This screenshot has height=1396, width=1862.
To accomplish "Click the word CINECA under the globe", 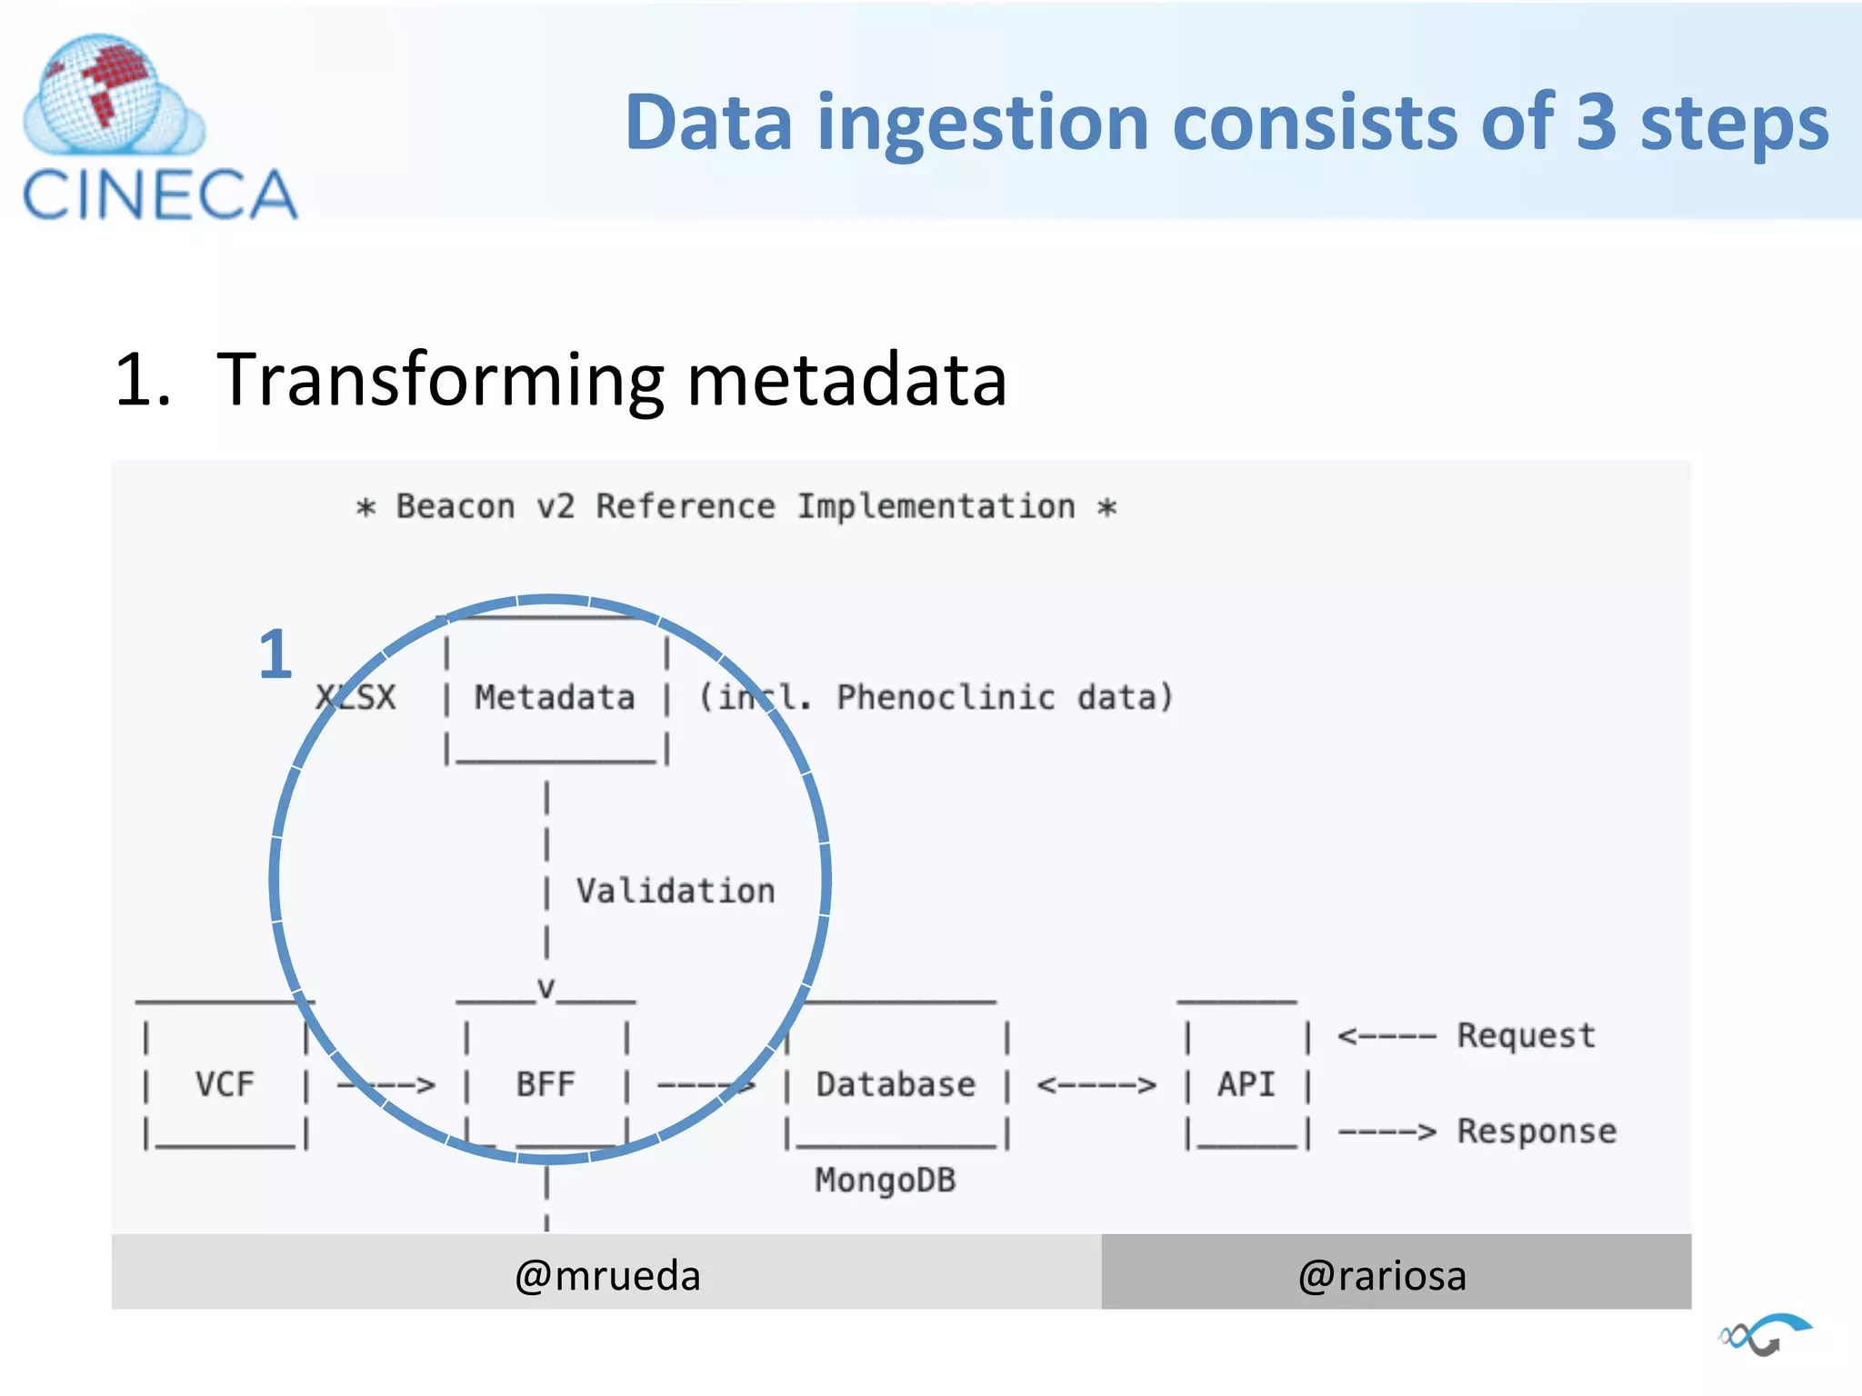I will (159, 195).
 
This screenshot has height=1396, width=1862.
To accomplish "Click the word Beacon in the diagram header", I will (455, 506).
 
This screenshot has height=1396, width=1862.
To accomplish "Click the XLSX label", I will (355, 698).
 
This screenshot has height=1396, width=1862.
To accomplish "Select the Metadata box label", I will (555, 698).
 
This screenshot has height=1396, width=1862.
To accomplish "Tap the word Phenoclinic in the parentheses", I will (946, 698).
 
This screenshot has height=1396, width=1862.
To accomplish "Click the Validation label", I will (676, 891).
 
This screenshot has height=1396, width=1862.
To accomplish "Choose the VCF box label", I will (225, 1084).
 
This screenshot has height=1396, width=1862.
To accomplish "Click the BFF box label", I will (546, 1084).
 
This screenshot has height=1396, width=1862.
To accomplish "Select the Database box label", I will (896, 1084).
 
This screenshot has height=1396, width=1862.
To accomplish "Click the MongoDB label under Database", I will (885, 1180).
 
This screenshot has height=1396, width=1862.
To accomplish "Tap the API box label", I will (1246, 1084).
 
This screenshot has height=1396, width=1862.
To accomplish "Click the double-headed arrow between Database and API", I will (1096, 1085).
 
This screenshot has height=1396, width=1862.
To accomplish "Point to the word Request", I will (1526, 1035).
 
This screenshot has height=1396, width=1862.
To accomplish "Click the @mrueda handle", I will (607, 1275).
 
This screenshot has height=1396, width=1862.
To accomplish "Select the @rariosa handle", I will (1382, 1275).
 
